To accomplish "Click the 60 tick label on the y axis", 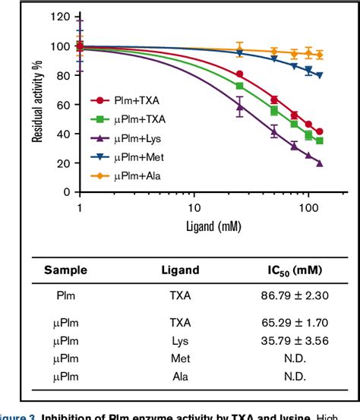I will pyautogui.click(x=66, y=105).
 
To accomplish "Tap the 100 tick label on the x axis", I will pyautogui.click(x=308, y=207).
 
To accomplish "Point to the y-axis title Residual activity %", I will pyautogui.click(x=36, y=103).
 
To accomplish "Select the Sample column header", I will pyautogui.click(x=65, y=270).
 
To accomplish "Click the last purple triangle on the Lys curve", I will pyautogui.click(x=319, y=163).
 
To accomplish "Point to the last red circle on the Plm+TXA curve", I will pyautogui.click(x=319, y=131).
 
